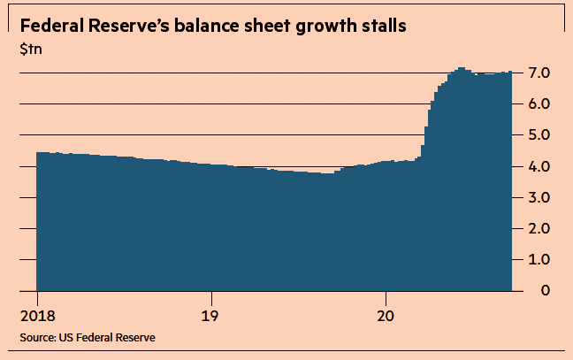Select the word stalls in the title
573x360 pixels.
coord(383,26)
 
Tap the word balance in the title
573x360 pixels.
coord(218,26)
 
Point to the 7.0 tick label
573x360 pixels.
coord(541,73)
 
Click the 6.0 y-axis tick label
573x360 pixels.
coord(541,103)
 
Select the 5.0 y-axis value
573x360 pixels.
coord(541,134)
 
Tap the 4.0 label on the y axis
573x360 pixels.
coord(541,166)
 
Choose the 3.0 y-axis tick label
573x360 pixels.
coord(541,197)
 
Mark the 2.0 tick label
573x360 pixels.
coord(541,228)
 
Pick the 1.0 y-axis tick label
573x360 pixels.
coord(541,259)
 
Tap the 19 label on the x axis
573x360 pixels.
coord(210,315)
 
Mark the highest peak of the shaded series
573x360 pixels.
coord(461,68)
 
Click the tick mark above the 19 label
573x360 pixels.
coord(210,295)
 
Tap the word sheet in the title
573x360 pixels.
coord(271,26)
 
